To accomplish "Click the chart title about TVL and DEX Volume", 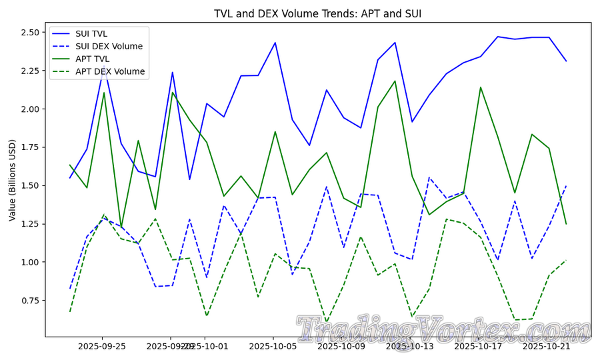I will (317, 14).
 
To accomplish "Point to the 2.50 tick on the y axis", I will (31, 32).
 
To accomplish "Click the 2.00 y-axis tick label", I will (31, 109).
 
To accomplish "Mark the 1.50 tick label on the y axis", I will (31, 185).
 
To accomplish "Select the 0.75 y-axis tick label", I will (31, 301).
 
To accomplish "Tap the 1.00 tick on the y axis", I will (31, 262).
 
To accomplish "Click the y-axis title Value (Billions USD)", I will (11, 180).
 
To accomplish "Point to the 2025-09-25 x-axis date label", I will (102, 346).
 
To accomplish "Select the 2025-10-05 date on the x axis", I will (273, 346).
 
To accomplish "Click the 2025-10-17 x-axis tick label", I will (478, 346).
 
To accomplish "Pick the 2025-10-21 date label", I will (547, 346).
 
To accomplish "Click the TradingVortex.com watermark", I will (443, 329).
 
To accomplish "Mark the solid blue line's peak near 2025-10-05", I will (275, 43).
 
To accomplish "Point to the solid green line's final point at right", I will (567, 224).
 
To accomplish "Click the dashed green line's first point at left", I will (70, 311).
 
